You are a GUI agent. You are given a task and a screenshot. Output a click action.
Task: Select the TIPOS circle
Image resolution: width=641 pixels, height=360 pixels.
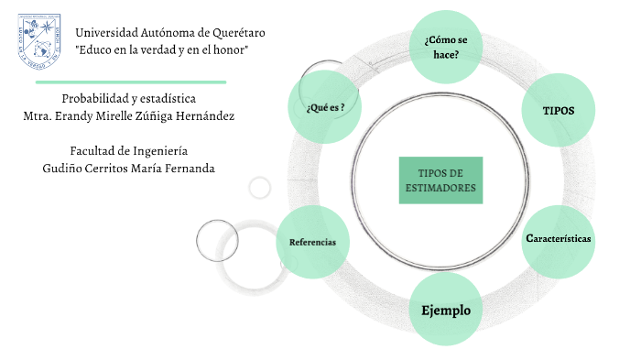coord(558,110)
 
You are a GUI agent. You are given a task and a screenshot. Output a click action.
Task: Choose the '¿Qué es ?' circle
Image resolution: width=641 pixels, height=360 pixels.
coord(325,108)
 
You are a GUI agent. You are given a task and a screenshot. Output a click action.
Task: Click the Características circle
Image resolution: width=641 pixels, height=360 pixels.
coord(558,238)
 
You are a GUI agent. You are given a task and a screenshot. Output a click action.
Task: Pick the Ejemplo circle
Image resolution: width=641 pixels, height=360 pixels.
coord(446,310)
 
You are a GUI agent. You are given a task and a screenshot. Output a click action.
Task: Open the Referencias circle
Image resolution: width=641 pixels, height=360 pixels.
coord(312,242)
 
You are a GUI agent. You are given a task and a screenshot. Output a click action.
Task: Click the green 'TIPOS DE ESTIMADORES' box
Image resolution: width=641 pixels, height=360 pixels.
coord(440,180)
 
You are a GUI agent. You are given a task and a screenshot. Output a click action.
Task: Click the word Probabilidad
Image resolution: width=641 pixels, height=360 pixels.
coord(96,98)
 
